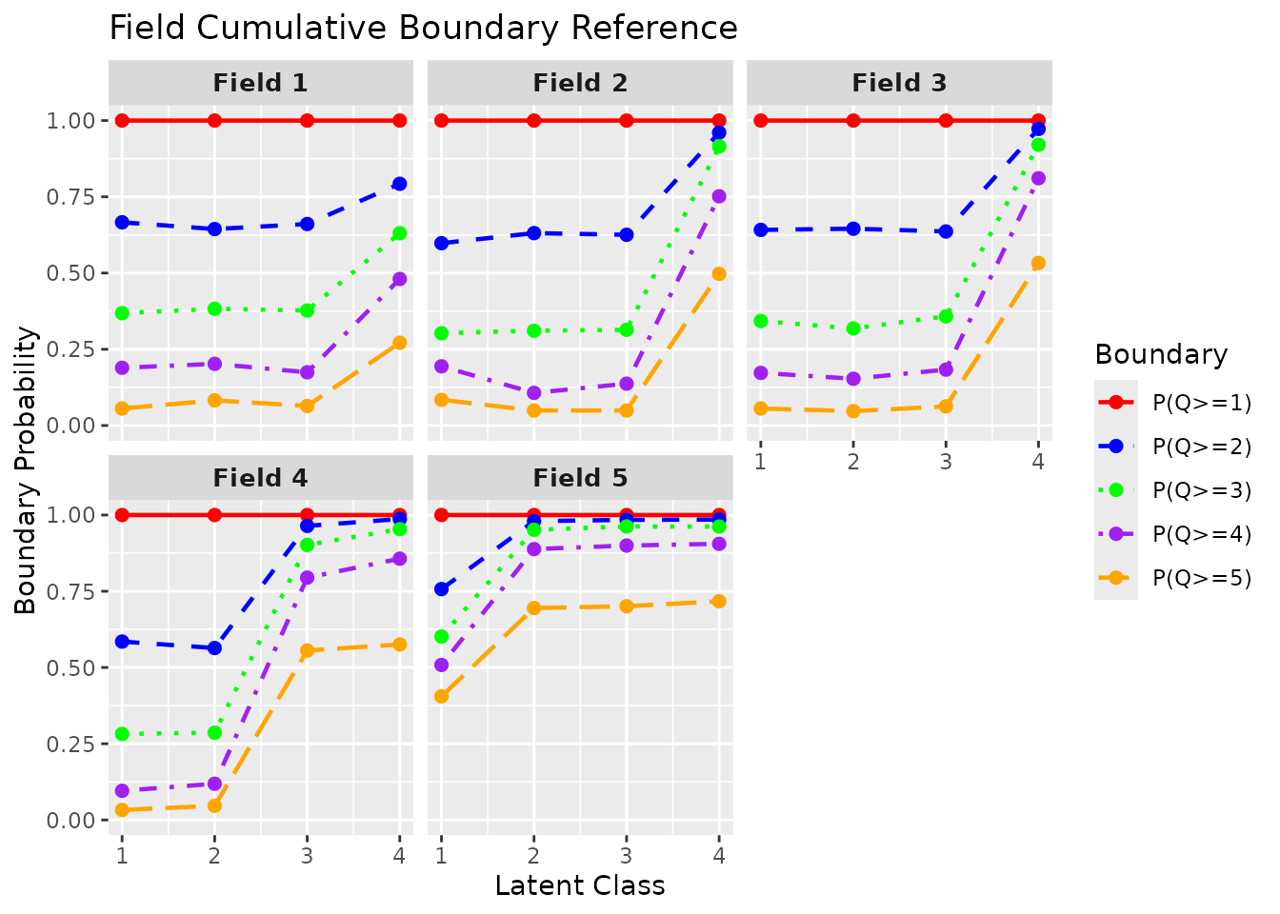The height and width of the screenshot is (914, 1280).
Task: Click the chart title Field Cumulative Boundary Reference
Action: tap(423, 28)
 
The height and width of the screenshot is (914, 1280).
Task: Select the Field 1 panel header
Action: tap(260, 83)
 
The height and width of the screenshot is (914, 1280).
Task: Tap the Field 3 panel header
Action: tap(899, 83)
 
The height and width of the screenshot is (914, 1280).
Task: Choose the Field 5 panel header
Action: tap(580, 478)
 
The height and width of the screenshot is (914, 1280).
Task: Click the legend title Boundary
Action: tap(1161, 354)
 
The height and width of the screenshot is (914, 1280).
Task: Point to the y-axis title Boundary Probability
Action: tap(26, 470)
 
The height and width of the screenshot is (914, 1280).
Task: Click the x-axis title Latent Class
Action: tap(580, 885)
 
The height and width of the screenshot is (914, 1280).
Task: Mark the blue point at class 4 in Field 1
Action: tap(400, 184)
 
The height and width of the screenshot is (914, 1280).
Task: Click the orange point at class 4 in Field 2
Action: tap(719, 273)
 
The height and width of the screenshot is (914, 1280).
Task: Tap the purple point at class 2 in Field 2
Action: tap(533, 393)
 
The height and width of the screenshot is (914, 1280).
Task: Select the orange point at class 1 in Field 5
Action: tap(441, 696)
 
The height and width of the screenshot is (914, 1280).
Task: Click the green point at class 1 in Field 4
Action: tap(122, 734)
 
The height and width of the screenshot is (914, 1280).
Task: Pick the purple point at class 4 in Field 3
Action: tap(1038, 178)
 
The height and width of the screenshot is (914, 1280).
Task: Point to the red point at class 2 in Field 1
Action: tap(214, 120)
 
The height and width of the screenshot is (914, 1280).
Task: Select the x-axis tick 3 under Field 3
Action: tap(946, 462)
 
